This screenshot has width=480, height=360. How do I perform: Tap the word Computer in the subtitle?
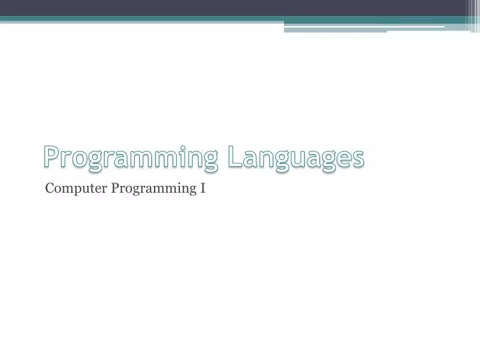[76, 189]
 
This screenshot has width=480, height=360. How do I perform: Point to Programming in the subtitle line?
[154, 189]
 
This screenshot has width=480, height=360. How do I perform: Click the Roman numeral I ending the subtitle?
[203, 189]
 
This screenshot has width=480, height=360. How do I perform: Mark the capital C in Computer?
[49, 189]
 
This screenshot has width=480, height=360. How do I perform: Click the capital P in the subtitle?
[115, 189]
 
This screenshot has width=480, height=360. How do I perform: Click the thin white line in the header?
[363, 27]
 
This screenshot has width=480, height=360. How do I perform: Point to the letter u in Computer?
[85, 189]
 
